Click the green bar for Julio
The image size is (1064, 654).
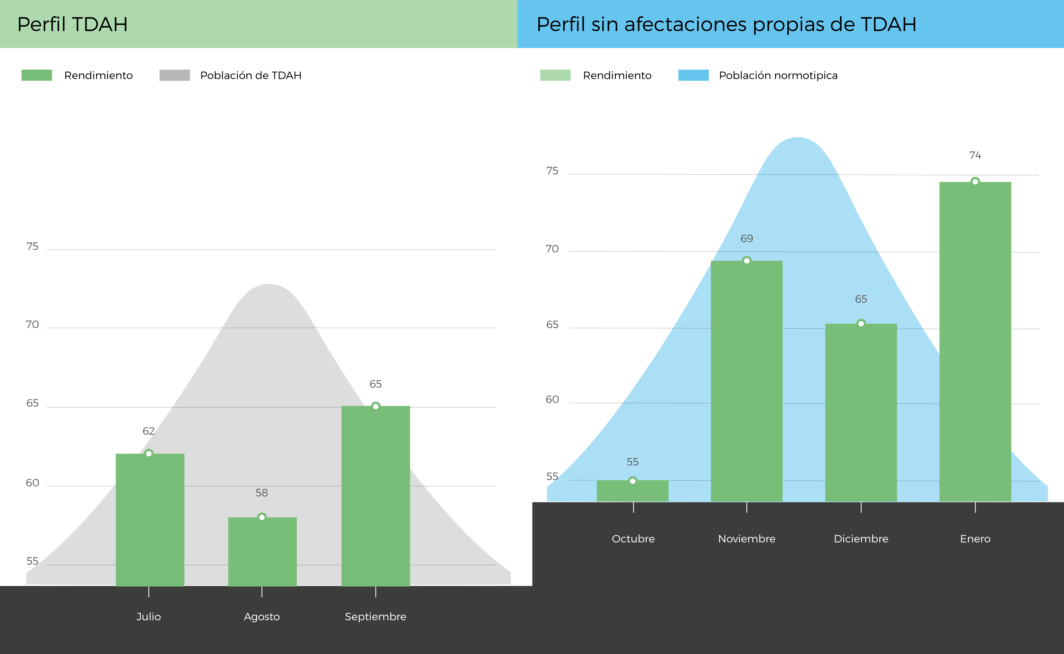coord(150,520)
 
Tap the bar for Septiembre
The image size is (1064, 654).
coord(376,496)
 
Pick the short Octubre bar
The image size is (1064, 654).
coord(633,491)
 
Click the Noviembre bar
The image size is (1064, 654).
coord(747,381)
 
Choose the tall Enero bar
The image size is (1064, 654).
coord(975,342)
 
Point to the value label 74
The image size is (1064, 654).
coord(975,155)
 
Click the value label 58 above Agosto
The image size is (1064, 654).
coord(262,493)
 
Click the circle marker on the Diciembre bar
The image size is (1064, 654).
coord(861,323)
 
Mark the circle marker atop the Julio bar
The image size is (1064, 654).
coord(149,453)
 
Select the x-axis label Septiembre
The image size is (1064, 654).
coord(376,617)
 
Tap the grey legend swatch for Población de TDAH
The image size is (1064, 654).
coord(175,75)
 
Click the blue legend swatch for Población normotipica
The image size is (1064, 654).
coord(694,75)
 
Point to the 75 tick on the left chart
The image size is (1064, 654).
coord(32,246)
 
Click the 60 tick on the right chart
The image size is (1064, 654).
coord(552,400)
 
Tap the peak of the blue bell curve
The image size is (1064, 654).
coord(797,138)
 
